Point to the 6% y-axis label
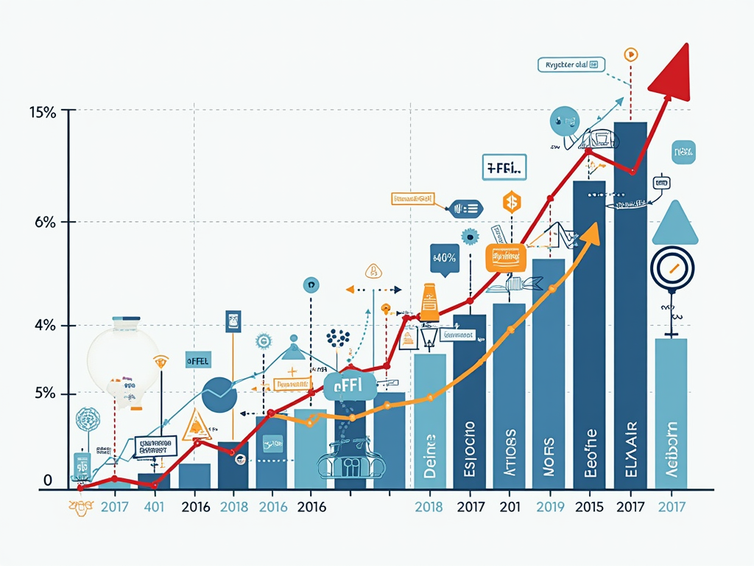45,223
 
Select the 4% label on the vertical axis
45,325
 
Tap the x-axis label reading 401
155,507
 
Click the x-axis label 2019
550,507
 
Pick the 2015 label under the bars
589,507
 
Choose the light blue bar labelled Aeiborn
670,413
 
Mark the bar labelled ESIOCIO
469,402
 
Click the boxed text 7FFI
504,167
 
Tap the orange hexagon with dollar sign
511,200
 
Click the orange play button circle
631,54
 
